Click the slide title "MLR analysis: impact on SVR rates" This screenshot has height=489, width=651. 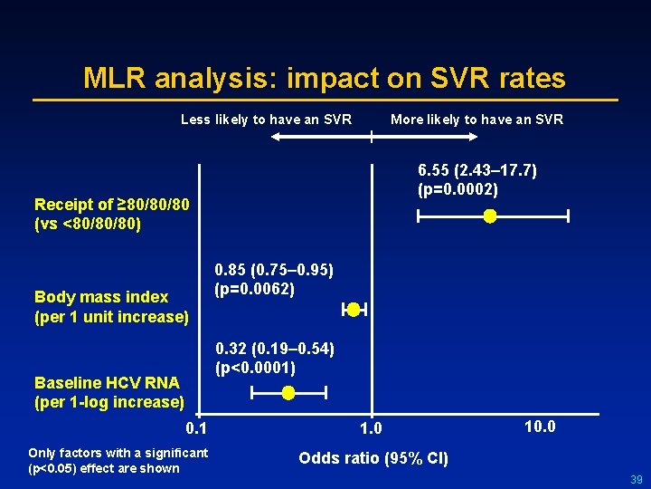pos(325,78)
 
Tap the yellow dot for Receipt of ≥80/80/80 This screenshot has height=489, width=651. pos(489,216)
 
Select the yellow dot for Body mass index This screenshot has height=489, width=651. pos(354,310)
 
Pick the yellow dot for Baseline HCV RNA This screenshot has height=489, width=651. pos(288,393)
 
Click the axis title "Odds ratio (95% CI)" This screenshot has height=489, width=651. pos(373,458)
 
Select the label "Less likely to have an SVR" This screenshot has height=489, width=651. pos(266,120)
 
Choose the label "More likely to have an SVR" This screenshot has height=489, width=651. pos(476,120)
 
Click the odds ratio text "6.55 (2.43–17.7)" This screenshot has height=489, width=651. pos(477,170)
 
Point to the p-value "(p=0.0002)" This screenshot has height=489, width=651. pos(458,189)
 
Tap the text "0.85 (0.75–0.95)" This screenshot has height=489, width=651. pos(274,270)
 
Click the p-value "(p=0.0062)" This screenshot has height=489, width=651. pos(254,290)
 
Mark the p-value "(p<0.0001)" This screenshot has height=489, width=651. pos(255,368)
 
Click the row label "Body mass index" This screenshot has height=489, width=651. pos(101,297)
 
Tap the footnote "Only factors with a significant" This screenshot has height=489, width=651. pos(118,453)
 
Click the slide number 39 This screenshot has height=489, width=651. pos(635,479)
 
